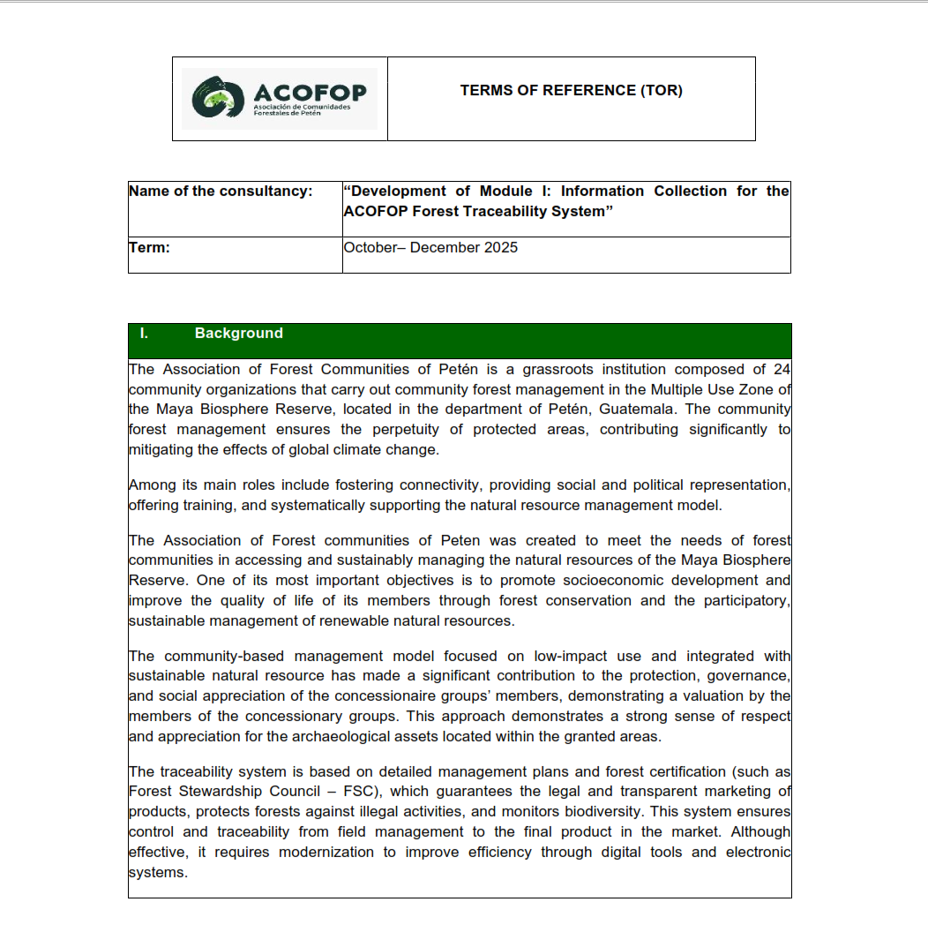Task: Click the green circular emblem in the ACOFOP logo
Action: (217, 98)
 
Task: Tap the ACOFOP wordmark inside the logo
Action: (309, 92)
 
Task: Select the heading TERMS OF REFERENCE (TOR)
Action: (571, 90)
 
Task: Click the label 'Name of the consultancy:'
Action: (221, 192)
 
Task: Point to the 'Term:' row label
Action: (149, 248)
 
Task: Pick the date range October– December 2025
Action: (430, 248)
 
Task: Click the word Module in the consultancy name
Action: (505, 192)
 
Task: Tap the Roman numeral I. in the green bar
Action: (144, 334)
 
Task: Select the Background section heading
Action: (239, 334)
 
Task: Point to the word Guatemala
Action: (638, 410)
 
